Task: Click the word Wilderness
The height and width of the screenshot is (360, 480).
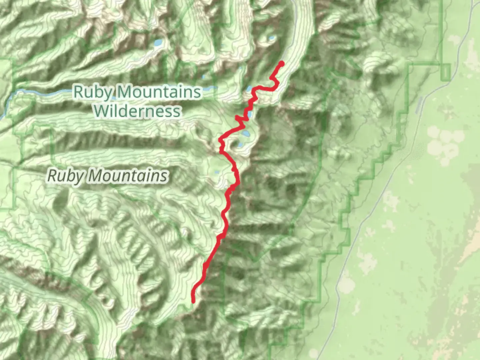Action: (137, 111)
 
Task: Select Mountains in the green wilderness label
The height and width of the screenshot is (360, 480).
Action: (158, 92)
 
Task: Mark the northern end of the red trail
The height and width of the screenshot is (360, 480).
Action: (282, 63)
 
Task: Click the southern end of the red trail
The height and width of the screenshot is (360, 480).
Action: (193, 302)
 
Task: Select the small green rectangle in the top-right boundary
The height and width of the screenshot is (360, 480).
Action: (445, 72)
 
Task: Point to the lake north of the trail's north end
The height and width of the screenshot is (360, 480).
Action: (272, 38)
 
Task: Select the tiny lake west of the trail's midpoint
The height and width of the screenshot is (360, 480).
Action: (217, 173)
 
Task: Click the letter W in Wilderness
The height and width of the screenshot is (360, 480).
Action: (100, 111)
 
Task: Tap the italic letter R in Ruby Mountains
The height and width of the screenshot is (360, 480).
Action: (52, 176)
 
